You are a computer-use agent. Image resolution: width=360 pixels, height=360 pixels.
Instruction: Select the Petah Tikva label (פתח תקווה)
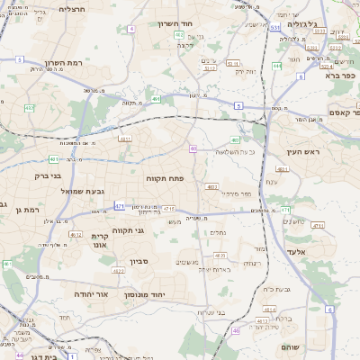click(x=165, y=179)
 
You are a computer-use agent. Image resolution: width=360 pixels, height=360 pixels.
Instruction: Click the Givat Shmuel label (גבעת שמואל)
click(x=60, y=192)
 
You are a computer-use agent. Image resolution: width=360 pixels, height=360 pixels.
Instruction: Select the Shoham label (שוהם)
click(x=291, y=346)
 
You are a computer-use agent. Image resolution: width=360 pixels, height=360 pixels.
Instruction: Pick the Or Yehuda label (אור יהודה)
click(x=89, y=294)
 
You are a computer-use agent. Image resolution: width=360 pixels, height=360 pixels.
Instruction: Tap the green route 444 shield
click(x=277, y=66)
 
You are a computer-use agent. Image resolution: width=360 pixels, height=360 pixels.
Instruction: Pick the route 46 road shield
click(x=236, y=330)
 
